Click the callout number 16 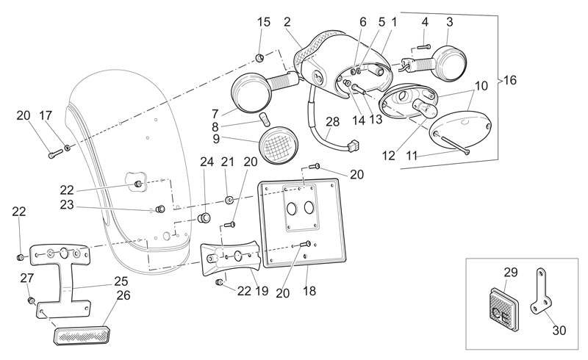tap(509, 80)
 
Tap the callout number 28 tap(333, 122)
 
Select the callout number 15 tap(264, 22)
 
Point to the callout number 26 tap(123, 295)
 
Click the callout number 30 tap(559, 331)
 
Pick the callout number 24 tap(207, 162)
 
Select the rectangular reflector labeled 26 tap(82, 334)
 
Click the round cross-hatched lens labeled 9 tap(279, 145)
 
